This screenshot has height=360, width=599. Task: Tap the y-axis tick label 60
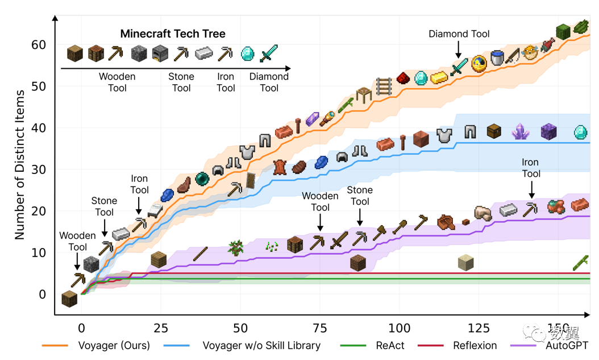[39, 45]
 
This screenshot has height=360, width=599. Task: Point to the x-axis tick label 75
[320, 328]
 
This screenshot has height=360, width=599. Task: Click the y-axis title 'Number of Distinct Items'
[20, 165]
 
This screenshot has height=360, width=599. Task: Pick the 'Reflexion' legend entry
[475, 345]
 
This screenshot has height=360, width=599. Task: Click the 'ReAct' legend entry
[390, 345]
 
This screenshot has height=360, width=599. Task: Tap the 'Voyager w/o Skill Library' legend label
[261, 345]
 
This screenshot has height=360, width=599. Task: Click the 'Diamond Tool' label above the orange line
[459, 34]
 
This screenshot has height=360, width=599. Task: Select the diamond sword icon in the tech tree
[268, 54]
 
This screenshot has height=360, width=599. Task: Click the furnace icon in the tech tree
[160, 54]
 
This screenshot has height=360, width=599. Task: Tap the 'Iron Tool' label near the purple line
[531, 168]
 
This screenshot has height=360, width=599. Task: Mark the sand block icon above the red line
[466, 262]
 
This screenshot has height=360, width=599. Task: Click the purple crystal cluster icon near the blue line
[521, 131]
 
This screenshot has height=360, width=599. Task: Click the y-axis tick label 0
[42, 295]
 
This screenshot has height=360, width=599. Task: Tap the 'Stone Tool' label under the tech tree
[181, 82]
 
